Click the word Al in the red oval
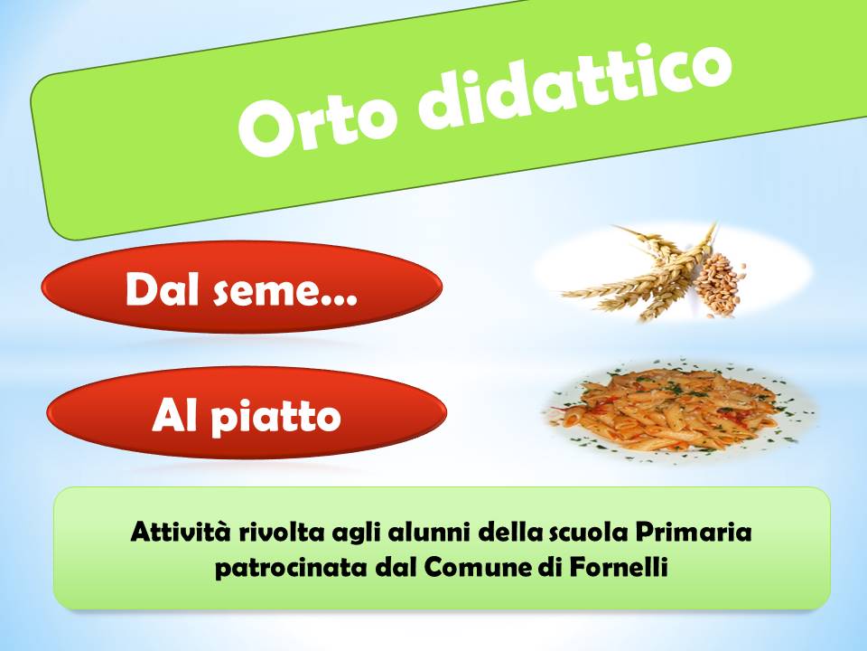click(x=173, y=416)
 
